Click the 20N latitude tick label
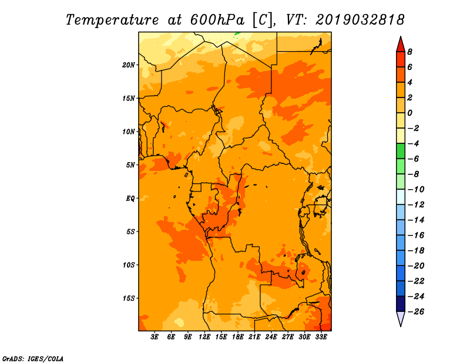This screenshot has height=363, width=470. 128,65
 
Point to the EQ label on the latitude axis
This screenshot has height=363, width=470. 130,199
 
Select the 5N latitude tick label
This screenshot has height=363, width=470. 130,165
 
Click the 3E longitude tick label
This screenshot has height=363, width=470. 155,337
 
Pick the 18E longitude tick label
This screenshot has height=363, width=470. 238,337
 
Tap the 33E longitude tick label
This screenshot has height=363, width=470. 321,337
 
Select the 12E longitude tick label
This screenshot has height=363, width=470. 204,337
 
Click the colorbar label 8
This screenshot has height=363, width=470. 409,52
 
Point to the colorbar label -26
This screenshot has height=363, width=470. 416,312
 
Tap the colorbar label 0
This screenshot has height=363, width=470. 409,113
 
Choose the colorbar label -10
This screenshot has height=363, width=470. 416,190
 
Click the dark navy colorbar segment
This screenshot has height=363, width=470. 401,304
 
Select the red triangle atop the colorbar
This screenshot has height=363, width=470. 401,45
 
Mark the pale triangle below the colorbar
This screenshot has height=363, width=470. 401,318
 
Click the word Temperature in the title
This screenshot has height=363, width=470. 112,20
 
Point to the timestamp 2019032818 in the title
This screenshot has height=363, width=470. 360,20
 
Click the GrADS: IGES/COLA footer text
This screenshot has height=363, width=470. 33,359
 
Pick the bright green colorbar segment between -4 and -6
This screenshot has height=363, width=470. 401,151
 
